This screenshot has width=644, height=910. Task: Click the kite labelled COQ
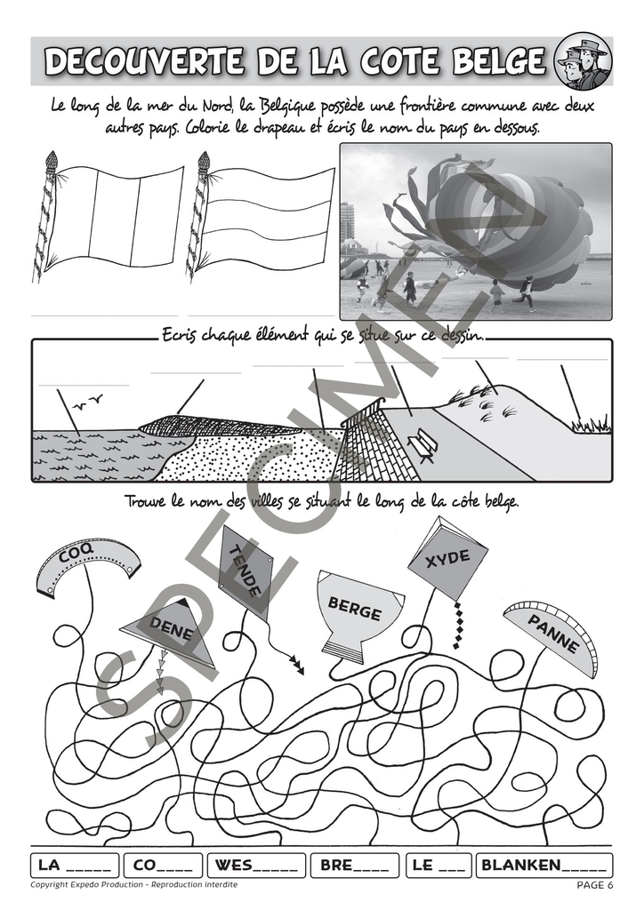[x=87, y=563]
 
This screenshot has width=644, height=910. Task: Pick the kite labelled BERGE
[x=356, y=614]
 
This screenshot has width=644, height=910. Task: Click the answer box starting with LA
[x=75, y=866]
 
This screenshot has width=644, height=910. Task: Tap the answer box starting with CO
[x=163, y=866]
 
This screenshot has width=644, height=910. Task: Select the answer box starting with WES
[x=257, y=866]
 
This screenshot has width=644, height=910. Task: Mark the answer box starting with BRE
[x=355, y=866]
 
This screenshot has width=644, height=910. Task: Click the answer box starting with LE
[x=439, y=866]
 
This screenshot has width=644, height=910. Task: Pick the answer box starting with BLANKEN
[x=544, y=866]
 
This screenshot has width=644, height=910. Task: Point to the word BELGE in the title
[x=499, y=61]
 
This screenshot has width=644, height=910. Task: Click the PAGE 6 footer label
[x=595, y=885]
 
